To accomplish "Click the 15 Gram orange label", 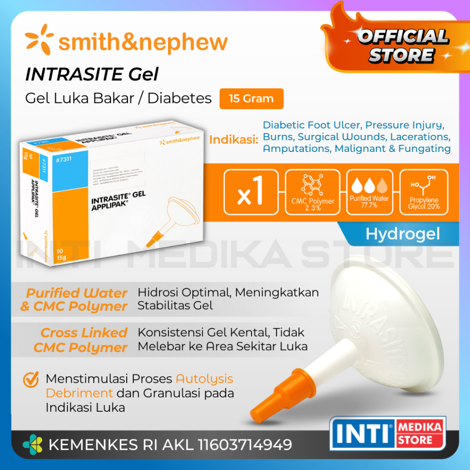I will click(251, 99).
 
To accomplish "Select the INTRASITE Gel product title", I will click(92, 74).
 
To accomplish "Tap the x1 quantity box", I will click(251, 192).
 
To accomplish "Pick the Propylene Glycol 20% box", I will click(424, 192).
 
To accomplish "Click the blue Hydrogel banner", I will click(402, 234).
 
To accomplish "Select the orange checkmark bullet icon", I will click(31, 380).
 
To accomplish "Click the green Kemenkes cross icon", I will click(32, 445).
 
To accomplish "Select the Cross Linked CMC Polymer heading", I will click(80, 340).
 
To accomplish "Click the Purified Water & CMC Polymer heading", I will click(74, 300).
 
